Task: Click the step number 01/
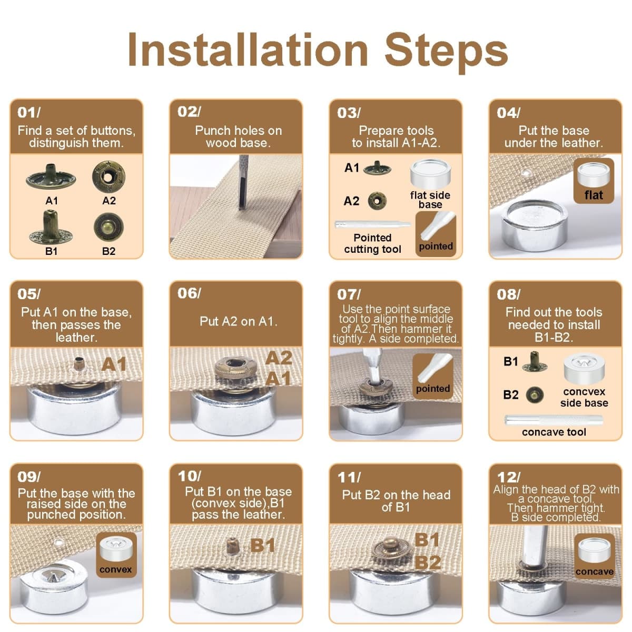coord(29,113)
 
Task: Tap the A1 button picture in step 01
coord(51,177)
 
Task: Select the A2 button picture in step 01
coord(108,177)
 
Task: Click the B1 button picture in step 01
coord(51,227)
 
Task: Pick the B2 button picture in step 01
coord(108,227)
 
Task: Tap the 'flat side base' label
coord(430,200)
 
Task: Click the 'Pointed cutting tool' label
coord(372,243)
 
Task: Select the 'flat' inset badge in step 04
coord(594,181)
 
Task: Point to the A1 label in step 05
coord(114,364)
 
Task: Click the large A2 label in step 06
coord(279,358)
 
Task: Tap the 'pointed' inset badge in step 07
coord(433,376)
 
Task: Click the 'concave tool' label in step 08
coord(554,432)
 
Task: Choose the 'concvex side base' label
coord(584,397)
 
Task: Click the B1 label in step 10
coord(262,546)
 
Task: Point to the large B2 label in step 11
coord(427,562)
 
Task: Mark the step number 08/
coord(508,294)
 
